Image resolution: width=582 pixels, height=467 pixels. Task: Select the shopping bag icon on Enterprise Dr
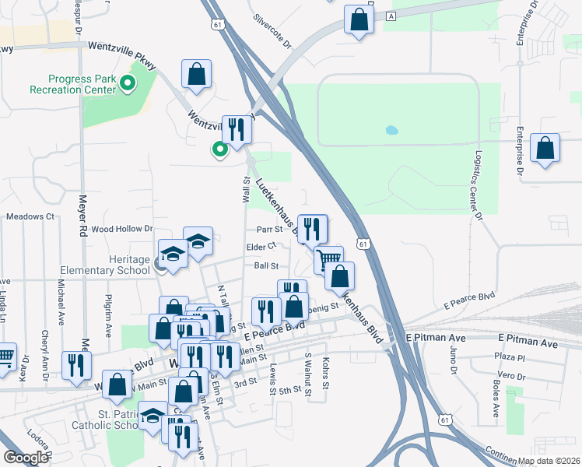coord(545,148)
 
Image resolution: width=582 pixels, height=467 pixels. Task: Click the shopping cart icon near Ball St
coord(329,258)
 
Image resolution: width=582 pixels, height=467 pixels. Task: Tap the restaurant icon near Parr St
coord(312,228)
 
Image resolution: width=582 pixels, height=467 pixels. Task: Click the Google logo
coord(25,458)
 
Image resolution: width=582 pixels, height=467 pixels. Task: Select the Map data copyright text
coord(549,460)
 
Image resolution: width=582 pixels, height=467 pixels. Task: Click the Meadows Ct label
coord(30,216)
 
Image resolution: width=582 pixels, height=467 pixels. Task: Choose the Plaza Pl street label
coord(510,358)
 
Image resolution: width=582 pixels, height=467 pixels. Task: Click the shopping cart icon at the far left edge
coord(5,356)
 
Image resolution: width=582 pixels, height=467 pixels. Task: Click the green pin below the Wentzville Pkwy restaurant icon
coord(220,149)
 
